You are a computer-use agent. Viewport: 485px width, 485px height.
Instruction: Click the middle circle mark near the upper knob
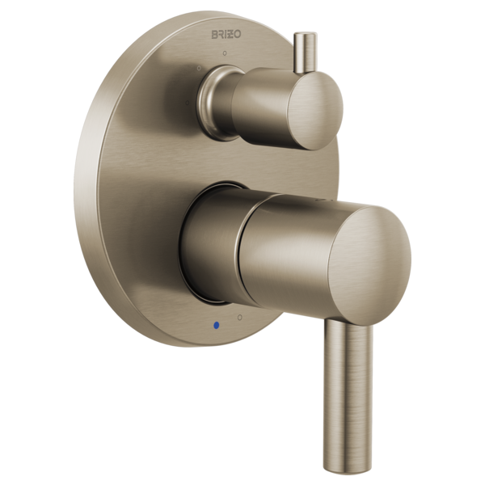pyautogui.click(x=198, y=69)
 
